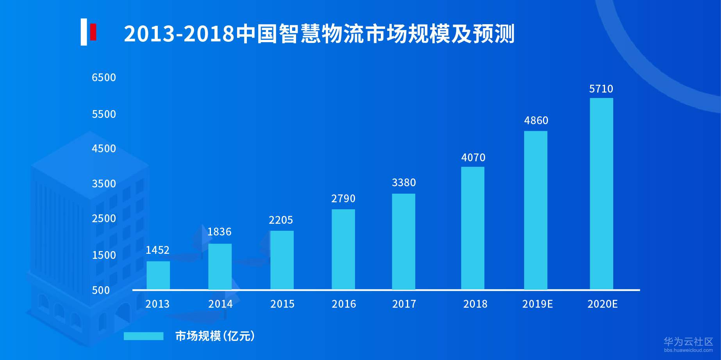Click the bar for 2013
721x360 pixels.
click(x=158, y=275)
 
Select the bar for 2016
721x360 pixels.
click(x=343, y=249)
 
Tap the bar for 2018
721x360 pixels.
click(x=473, y=228)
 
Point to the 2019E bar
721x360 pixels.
click(x=535, y=210)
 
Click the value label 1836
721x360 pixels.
click(x=219, y=232)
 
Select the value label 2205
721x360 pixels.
click(x=281, y=220)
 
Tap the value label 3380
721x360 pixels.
click(x=404, y=183)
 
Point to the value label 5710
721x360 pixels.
click(x=601, y=89)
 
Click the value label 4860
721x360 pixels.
click(x=536, y=121)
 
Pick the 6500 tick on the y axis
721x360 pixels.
click(x=104, y=78)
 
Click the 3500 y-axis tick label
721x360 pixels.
click(x=104, y=184)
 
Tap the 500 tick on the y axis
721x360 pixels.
click(x=101, y=290)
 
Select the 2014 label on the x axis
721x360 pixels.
click(x=220, y=304)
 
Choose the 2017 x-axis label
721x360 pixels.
click(x=404, y=304)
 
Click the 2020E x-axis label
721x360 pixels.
click(x=602, y=304)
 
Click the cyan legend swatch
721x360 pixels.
click(x=143, y=336)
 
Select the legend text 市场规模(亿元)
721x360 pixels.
click(x=215, y=336)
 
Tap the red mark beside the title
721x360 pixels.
click(x=93, y=32)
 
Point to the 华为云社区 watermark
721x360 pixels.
click(x=688, y=342)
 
